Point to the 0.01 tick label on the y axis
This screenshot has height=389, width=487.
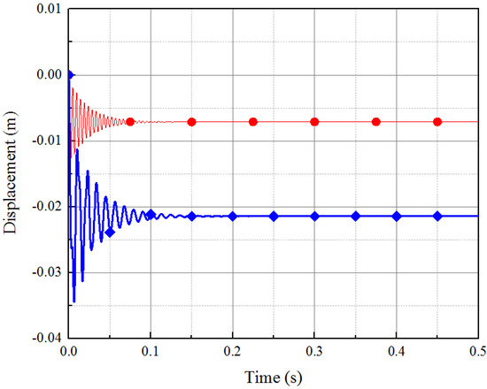[x=46, y=9]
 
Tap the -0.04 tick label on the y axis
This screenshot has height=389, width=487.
[x=44, y=337]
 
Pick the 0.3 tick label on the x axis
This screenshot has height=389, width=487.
[x=314, y=351]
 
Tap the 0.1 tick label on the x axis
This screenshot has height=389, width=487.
[x=151, y=351]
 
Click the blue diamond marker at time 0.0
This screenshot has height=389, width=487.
[x=69, y=74]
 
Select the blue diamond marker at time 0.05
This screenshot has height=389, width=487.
[x=110, y=233]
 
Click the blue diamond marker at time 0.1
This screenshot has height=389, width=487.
[x=151, y=214]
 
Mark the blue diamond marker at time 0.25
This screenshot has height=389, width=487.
[x=274, y=216]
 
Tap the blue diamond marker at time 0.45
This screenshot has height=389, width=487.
[x=437, y=216]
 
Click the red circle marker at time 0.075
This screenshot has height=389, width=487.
[x=130, y=121]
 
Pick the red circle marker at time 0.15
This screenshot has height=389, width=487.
[x=191, y=122]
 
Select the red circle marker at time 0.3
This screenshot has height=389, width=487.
[x=314, y=122]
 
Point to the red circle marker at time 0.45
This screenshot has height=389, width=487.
[x=437, y=122]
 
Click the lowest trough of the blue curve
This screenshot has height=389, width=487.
[x=74, y=301]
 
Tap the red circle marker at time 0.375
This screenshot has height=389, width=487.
[x=375, y=122]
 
